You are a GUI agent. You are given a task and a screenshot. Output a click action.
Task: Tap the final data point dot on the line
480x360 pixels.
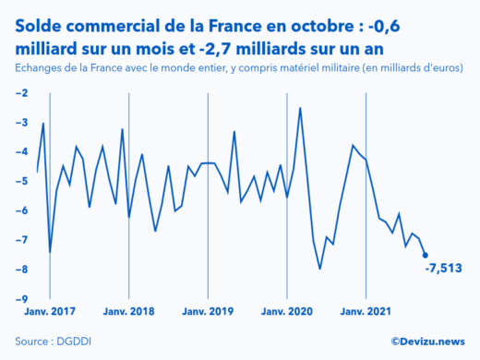click(425, 255)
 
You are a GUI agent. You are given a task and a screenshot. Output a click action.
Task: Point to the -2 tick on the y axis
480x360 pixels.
click(21, 93)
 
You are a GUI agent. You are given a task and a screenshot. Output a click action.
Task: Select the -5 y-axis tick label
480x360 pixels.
click(21, 181)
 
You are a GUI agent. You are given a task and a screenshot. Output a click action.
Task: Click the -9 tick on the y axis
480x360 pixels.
click(21, 299)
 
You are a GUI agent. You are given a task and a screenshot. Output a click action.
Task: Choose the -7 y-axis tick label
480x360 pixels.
click(21, 240)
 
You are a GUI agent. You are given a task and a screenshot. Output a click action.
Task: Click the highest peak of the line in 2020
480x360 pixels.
click(300, 108)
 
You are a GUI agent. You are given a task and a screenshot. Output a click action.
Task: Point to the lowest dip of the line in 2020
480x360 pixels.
click(319, 269)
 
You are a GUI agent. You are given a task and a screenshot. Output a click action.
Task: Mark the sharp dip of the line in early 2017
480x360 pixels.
click(50, 252)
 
